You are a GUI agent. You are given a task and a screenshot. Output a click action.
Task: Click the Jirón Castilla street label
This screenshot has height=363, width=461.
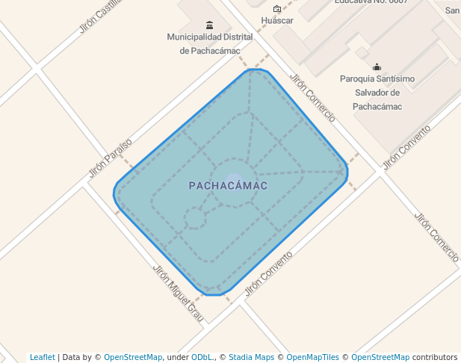pos(99,16)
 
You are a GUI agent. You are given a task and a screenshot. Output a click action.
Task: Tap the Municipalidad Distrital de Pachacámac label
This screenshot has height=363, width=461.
pos(209,43)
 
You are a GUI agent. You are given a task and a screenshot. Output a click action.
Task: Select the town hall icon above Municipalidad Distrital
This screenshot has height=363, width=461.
pos(208,25)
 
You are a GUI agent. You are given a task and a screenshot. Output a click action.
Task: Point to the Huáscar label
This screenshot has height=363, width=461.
pos(276,20)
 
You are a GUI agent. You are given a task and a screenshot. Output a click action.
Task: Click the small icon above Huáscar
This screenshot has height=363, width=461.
pos(277,9)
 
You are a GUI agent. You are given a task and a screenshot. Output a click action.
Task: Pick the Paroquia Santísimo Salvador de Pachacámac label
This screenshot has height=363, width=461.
pos(377,93)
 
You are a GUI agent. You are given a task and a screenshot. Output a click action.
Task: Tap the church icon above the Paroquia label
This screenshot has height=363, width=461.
pos(377,66)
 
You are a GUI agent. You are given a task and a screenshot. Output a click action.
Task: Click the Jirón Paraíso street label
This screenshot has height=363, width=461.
pos(110,157)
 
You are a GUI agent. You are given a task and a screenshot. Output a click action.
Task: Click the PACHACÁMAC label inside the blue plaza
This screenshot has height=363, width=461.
pos(228,185)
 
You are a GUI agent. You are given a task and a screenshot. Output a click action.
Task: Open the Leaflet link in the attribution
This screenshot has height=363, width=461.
pos(42,357)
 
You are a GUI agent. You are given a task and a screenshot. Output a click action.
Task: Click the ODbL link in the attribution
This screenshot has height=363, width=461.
pos(201,357)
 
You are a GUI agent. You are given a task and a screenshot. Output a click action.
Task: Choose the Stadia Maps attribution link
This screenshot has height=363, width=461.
pos(251,357)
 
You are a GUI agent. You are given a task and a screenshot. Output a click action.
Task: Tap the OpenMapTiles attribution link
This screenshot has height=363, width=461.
pos(312,357)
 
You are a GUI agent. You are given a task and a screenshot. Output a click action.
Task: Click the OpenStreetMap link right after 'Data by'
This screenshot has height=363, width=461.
pos(133,357)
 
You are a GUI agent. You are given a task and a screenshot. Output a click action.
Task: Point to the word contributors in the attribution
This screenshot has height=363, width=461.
pos(435,357)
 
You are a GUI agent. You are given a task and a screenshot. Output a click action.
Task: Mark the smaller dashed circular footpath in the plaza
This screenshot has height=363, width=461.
pos(195,218)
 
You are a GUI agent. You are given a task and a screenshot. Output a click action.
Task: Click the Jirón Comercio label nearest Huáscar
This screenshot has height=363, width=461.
pos(312,98)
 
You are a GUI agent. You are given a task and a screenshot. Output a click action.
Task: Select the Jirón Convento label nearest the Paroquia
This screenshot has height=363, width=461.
pos(406,147)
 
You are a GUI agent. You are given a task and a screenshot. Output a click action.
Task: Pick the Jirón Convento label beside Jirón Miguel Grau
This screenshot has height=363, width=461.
pos(268,273)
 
